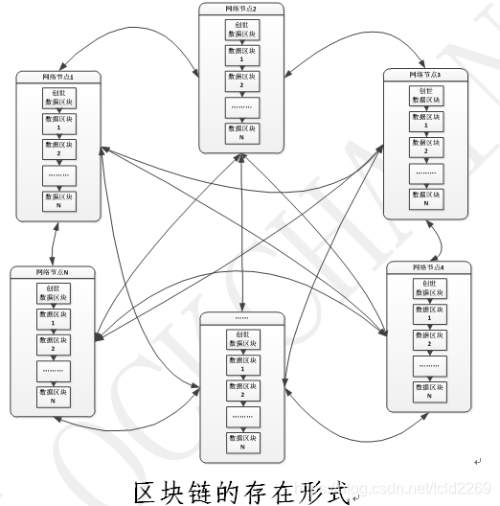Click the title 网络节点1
click(x=58, y=75)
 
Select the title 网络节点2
click(x=241, y=10)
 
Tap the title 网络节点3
click(x=424, y=74)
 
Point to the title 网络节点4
click(x=430, y=266)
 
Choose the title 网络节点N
click(x=54, y=273)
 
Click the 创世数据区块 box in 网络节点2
click(x=241, y=30)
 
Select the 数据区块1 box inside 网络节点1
click(x=58, y=122)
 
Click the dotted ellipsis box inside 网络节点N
click(x=54, y=370)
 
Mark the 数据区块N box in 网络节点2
click(x=241, y=131)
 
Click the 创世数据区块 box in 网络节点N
click(x=54, y=291)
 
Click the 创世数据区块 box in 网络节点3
click(x=425, y=94)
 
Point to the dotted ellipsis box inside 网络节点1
click(x=58, y=175)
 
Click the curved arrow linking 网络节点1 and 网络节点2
click(x=144, y=38)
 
